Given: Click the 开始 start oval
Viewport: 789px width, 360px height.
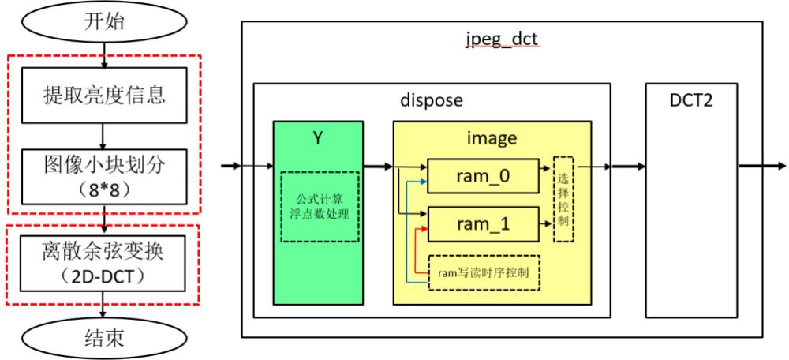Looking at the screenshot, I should (104, 21).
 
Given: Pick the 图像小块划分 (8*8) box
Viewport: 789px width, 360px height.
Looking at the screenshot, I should (104, 178).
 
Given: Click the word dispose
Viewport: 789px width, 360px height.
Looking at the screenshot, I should (432, 100).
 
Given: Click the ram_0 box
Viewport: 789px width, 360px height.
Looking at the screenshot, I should (482, 175).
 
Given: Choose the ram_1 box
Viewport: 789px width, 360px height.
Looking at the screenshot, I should (482, 225).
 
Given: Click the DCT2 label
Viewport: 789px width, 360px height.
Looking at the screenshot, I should (691, 100).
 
